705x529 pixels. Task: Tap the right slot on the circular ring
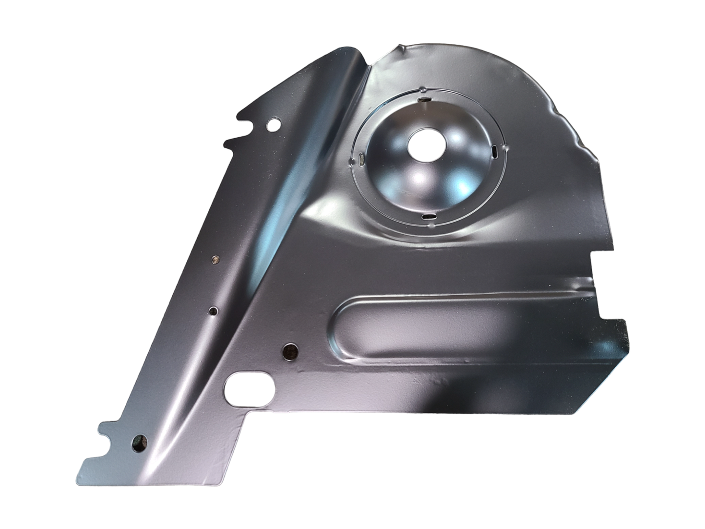pos(494,151)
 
